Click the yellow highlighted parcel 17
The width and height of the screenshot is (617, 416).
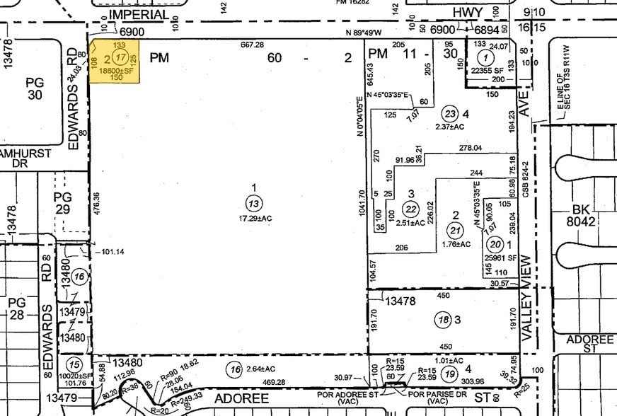113,62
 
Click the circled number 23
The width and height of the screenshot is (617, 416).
449,112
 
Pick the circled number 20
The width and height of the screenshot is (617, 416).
495,244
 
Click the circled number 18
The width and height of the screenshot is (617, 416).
444,319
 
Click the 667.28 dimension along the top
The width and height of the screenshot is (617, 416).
253,45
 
